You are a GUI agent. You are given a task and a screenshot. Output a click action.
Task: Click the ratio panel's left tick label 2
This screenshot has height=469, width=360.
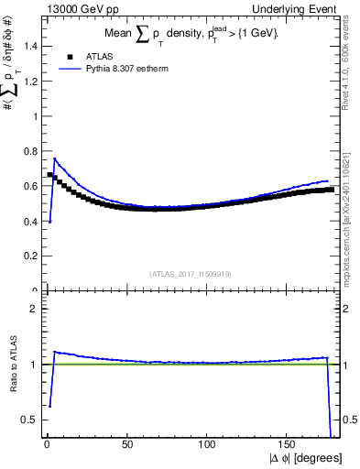(34, 309)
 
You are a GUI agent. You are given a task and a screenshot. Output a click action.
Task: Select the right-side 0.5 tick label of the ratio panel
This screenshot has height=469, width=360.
(348, 420)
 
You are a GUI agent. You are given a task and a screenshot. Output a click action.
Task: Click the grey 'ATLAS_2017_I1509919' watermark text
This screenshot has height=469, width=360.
(191, 274)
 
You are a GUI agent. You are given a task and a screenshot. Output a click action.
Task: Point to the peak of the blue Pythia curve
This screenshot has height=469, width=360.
(55, 158)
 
